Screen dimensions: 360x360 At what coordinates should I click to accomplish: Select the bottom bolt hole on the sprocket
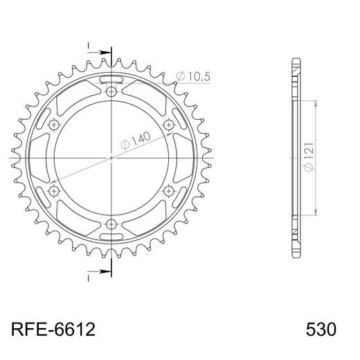click(x=111, y=223)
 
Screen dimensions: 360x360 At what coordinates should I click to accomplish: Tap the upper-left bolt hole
click(x=55, y=125)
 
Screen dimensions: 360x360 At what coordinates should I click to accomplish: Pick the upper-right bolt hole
click(x=168, y=125)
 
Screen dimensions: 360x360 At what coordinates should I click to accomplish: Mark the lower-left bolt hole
click(x=55, y=190)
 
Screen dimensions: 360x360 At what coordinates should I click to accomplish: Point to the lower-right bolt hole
click(x=168, y=190)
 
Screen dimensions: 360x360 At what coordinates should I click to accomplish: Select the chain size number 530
click(x=320, y=328)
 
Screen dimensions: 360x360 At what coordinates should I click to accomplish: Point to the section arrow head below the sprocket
click(x=106, y=271)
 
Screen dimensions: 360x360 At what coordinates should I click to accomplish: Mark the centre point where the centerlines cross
click(x=111, y=158)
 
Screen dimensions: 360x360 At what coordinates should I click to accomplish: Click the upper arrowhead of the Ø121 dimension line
click(x=316, y=101)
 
